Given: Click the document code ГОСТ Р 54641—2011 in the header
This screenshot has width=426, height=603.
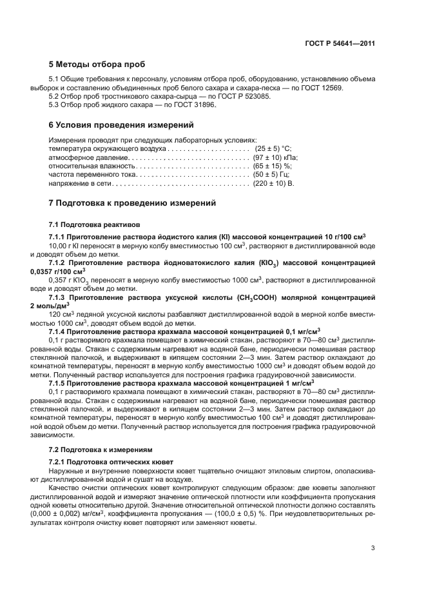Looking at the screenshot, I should click(x=340, y=43).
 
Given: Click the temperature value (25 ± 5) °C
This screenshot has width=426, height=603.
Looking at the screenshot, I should click(x=274, y=148).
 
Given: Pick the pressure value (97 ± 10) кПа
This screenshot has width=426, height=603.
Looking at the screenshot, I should click(x=275, y=157).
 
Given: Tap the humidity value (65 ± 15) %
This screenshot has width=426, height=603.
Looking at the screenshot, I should click(x=274, y=166).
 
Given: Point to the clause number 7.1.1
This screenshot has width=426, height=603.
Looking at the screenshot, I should click(x=59, y=236).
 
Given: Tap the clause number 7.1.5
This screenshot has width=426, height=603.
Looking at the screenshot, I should click(x=59, y=384).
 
